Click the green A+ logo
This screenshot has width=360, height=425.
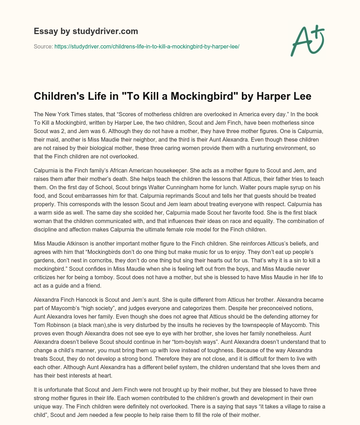pos(307,40)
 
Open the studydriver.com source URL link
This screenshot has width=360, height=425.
pos(147,46)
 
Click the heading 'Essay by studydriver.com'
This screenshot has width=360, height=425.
pos(86,31)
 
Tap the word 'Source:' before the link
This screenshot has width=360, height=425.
pos(43,46)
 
